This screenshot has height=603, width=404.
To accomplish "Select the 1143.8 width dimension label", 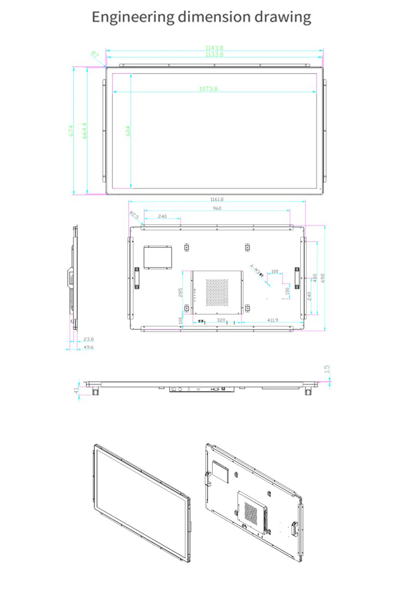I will (x=214, y=48).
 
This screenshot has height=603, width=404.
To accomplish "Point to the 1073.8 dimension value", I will (x=208, y=89).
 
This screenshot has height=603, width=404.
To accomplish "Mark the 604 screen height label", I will (x=128, y=131).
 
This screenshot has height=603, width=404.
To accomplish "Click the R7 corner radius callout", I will (x=95, y=54).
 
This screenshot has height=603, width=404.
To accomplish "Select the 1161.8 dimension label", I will (x=217, y=199).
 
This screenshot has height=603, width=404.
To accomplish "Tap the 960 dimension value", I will (x=217, y=208).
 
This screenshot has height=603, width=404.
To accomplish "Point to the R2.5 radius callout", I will (x=134, y=215).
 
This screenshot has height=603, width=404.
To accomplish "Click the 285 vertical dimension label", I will (x=180, y=292).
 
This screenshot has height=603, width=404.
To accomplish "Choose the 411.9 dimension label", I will (x=273, y=320).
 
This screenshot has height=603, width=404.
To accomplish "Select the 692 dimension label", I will (x=323, y=278).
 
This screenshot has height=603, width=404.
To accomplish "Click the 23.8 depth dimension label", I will (x=88, y=339).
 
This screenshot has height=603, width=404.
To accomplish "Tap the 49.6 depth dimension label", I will (x=88, y=347).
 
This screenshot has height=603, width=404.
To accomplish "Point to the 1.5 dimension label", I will (x=326, y=369).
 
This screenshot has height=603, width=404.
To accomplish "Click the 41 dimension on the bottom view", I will (x=76, y=390).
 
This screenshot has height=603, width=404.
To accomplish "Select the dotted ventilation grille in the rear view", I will (x=217, y=292).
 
